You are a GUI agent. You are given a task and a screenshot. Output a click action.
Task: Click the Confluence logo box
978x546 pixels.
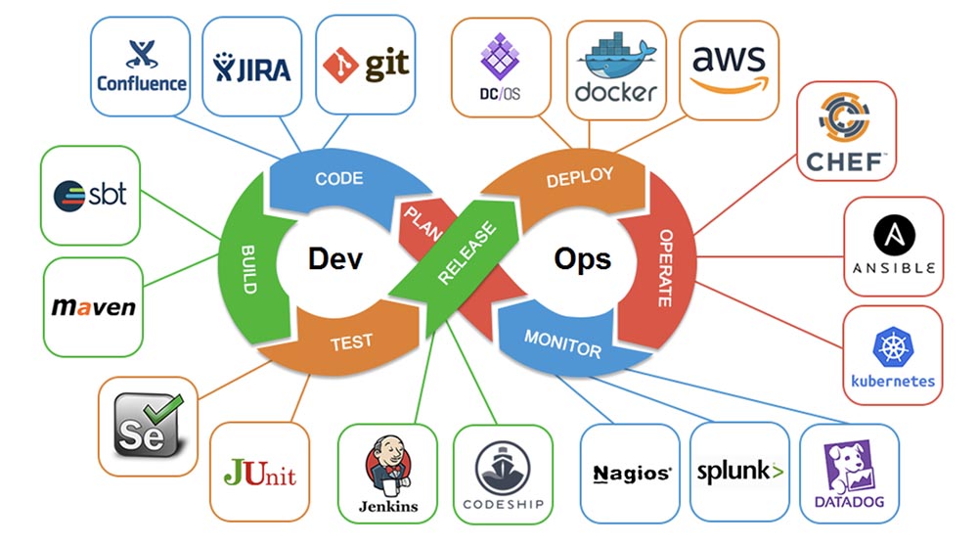tap(142, 66)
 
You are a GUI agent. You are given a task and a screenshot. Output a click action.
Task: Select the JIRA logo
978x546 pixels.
tap(250, 67)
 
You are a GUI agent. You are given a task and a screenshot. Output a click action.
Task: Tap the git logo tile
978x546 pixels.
tap(365, 65)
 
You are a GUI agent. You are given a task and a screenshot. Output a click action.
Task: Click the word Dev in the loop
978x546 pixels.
tap(335, 258)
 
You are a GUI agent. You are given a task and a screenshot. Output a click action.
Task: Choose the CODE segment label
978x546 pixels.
tap(338, 179)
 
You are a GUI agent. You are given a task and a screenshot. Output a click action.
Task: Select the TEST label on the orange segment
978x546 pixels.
tap(351, 341)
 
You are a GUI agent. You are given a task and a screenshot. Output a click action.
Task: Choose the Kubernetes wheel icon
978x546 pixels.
tap(892, 347)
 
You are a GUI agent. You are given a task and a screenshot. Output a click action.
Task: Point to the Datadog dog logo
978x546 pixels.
tap(847, 464)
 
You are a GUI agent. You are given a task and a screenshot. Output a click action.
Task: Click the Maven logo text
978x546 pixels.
tap(94, 306)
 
